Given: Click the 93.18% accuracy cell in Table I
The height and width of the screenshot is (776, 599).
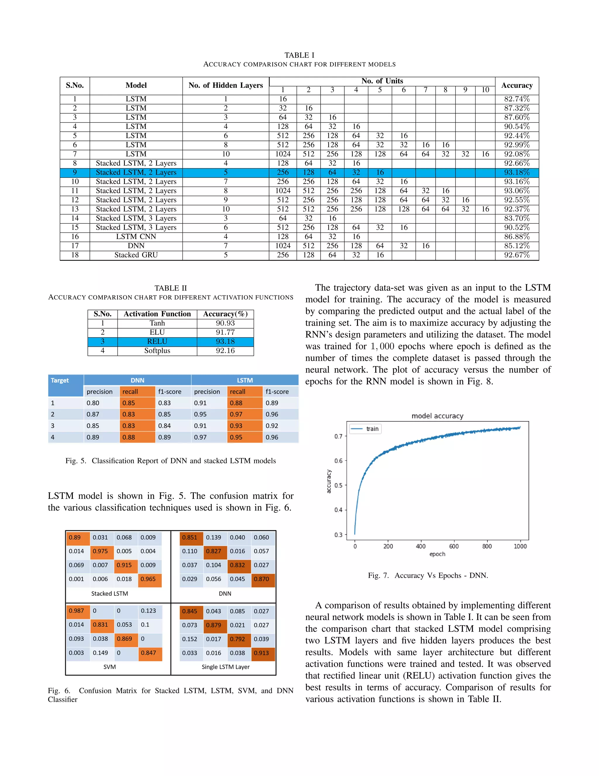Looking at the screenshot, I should pyautogui.click(x=517, y=172).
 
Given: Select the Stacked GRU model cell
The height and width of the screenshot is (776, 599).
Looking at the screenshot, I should pyautogui.click(x=136, y=255).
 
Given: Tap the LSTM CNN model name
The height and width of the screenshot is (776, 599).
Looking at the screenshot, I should pyautogui.click(x=136, y=237).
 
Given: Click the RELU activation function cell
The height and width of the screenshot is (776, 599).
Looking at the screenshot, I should pyautogui.click(x=157, y=341).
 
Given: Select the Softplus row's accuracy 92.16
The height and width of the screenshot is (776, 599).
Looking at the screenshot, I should pyautogui.click(x=225, y=351).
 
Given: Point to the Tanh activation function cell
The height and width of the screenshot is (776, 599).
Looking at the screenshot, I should pyautogui.click(x=157, y=323).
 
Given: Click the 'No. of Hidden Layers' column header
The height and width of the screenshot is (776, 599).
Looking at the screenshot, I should pyautogui.click(x=226, y=85).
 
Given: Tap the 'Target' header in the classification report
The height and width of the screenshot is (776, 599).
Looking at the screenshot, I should pyautogui.click(x=60, y=381).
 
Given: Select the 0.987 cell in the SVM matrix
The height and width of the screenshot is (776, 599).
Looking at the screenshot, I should pyautogui.click(x=77, y=611).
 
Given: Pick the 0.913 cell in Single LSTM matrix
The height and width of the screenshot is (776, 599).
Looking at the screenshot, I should pyautogui.click(x=261, y=653).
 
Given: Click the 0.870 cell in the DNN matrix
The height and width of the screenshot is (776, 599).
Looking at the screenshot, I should pyautogui.click(x=261, y=579).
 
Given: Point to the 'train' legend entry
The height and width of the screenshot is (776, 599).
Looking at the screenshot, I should pyautogui.click(x=372, y=429).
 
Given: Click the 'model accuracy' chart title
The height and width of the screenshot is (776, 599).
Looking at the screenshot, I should pyautogui.click(x=437, y=416).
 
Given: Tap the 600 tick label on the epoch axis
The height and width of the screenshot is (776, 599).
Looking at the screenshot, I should pyautogui.click(x=454, y=546).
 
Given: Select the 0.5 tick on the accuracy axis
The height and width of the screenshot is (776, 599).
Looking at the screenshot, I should pyautogui.click(x=338, y=485).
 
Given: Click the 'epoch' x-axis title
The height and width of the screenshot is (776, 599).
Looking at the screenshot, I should pyautogui.click(x=437, y=554).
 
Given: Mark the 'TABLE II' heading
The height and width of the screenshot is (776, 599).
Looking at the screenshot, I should pyautogui.click(x=171, y=288).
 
